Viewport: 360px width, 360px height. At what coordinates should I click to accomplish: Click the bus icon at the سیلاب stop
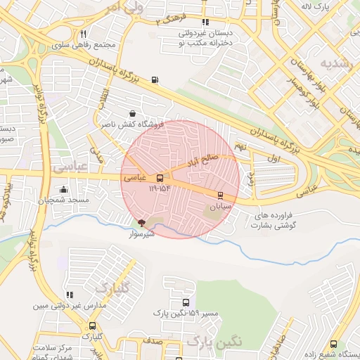pos(220,195)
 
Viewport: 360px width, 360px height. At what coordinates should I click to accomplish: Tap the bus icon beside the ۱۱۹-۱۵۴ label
pos(160,179)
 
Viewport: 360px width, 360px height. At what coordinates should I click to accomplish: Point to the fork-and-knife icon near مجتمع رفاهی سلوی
pos(83,34)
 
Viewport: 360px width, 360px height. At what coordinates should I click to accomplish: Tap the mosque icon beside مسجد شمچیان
pos(64,189)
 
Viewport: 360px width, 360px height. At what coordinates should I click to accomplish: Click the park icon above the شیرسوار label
pos(142,222)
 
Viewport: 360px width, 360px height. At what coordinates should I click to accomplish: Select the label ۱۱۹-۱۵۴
pos(160,188)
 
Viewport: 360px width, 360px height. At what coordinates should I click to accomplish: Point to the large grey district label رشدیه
pos(335,63)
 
